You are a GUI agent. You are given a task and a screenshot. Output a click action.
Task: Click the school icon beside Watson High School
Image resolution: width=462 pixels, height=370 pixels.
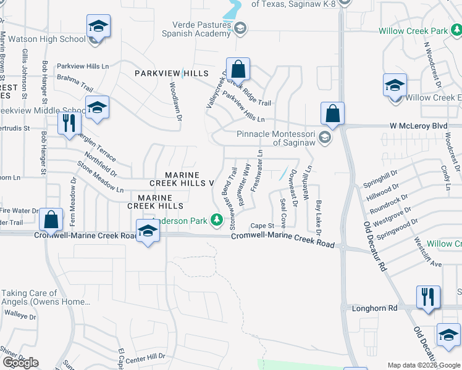coord(98,27)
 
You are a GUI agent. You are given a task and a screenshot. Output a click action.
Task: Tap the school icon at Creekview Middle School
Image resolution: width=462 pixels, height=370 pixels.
coord(97,108)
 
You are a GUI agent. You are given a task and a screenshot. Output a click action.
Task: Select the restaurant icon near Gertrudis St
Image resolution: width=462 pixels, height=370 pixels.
coord(69,122)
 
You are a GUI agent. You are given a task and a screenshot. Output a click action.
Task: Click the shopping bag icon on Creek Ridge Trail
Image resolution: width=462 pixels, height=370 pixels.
coord(238,69)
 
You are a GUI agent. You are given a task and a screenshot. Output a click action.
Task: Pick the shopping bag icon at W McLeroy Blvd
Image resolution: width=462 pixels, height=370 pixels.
coord(332,113)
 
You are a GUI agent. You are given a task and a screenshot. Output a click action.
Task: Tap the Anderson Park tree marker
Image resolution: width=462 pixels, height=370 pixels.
coord(216,219)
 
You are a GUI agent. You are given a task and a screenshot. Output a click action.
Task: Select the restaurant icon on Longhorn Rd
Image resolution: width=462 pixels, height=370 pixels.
coord(428,297)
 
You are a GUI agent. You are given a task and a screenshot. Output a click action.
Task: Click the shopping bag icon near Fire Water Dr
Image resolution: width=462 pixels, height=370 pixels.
coord(51,220)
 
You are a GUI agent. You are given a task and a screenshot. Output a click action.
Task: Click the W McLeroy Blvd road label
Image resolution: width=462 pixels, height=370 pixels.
coord(418,126)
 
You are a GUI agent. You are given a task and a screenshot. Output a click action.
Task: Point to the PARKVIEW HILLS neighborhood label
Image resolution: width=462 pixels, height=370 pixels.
coord(172,73)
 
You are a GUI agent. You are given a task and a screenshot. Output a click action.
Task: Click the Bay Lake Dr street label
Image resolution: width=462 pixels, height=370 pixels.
coord(319,217)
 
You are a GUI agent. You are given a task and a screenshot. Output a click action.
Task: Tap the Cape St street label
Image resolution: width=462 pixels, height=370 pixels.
coord(261,226)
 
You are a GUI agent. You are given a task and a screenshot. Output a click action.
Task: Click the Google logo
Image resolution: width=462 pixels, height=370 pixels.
coord(20,363)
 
